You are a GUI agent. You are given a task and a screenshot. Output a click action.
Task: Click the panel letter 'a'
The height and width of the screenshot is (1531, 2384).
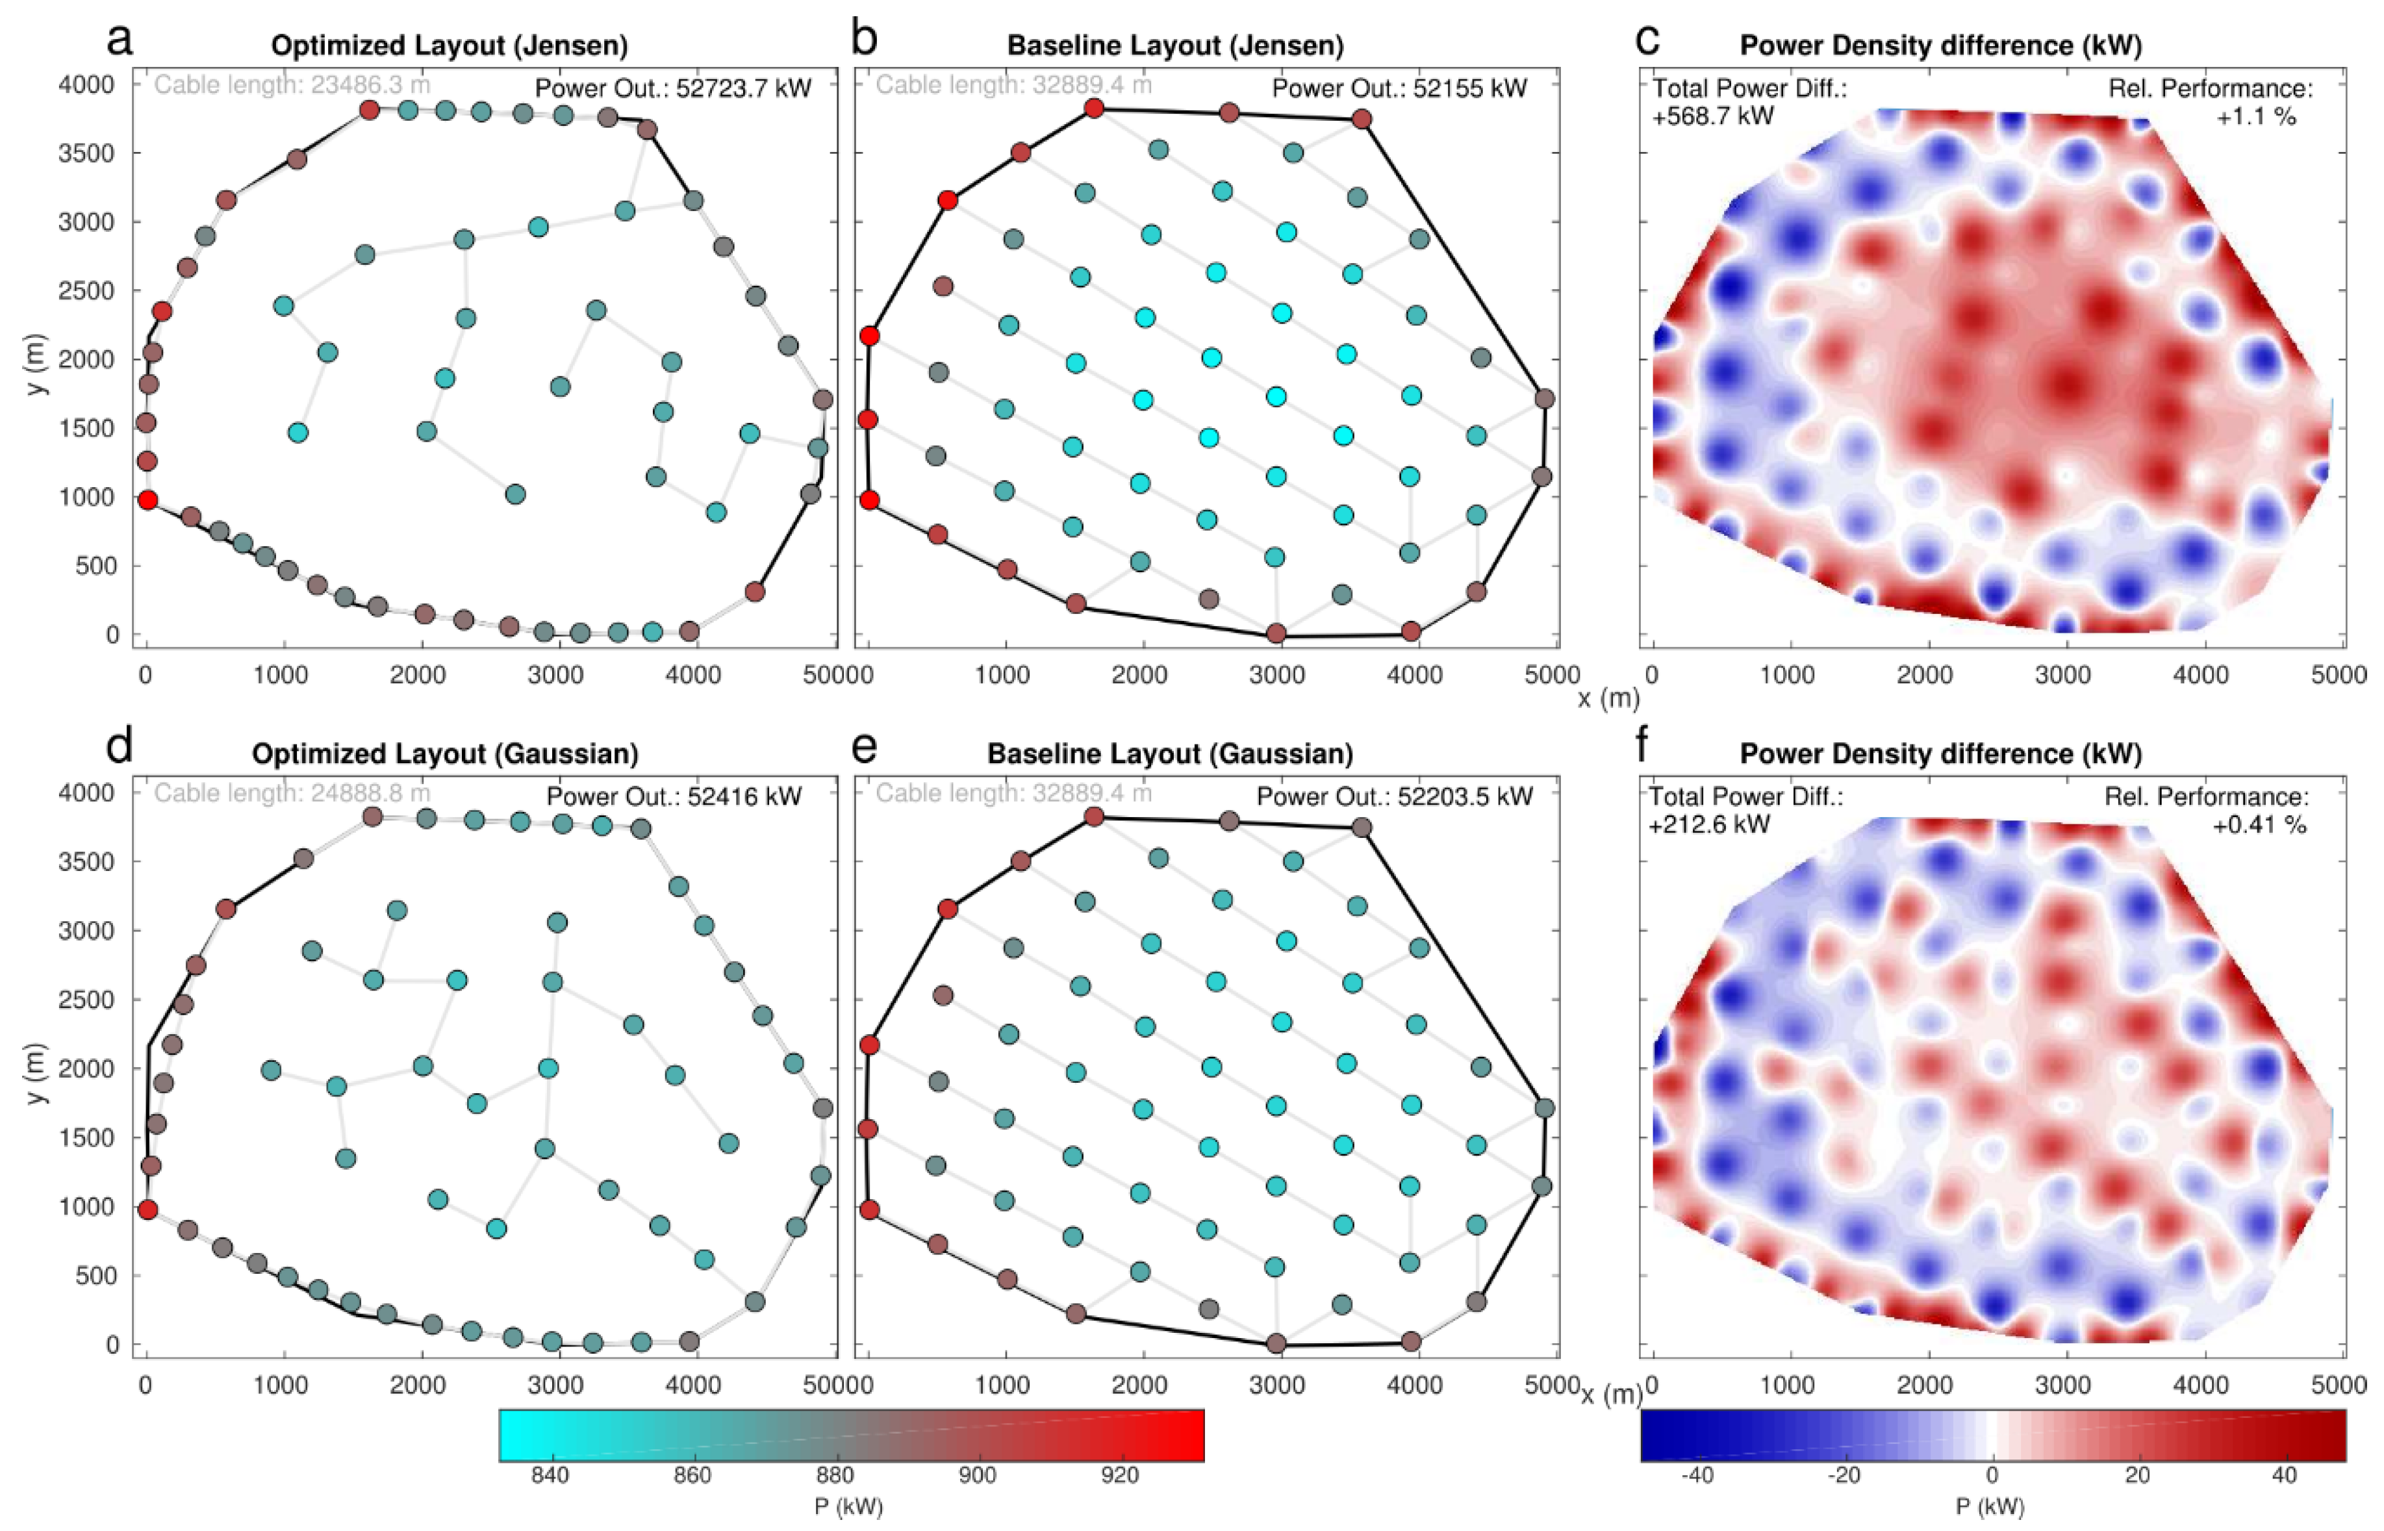[x=120, y=42]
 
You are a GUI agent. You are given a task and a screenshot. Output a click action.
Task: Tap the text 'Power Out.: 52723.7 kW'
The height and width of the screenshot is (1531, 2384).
[x=673, y=88]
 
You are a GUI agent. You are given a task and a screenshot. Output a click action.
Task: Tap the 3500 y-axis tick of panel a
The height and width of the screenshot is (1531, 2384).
[x=88, y=153]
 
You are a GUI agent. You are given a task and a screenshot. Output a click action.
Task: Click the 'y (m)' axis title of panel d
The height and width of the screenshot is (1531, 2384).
[x=38, y=1072]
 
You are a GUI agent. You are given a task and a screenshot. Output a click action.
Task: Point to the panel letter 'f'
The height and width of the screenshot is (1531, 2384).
[x=1645, y=748]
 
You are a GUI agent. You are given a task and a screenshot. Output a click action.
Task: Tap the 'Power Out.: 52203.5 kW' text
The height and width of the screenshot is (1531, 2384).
[x=1395, y=796]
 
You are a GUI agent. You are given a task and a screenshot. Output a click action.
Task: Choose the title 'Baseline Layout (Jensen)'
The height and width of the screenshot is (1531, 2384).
[x=1175, y=45]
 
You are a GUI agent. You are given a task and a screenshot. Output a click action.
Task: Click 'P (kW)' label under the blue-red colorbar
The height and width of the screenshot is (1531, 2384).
[x=1990, y=1507]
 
